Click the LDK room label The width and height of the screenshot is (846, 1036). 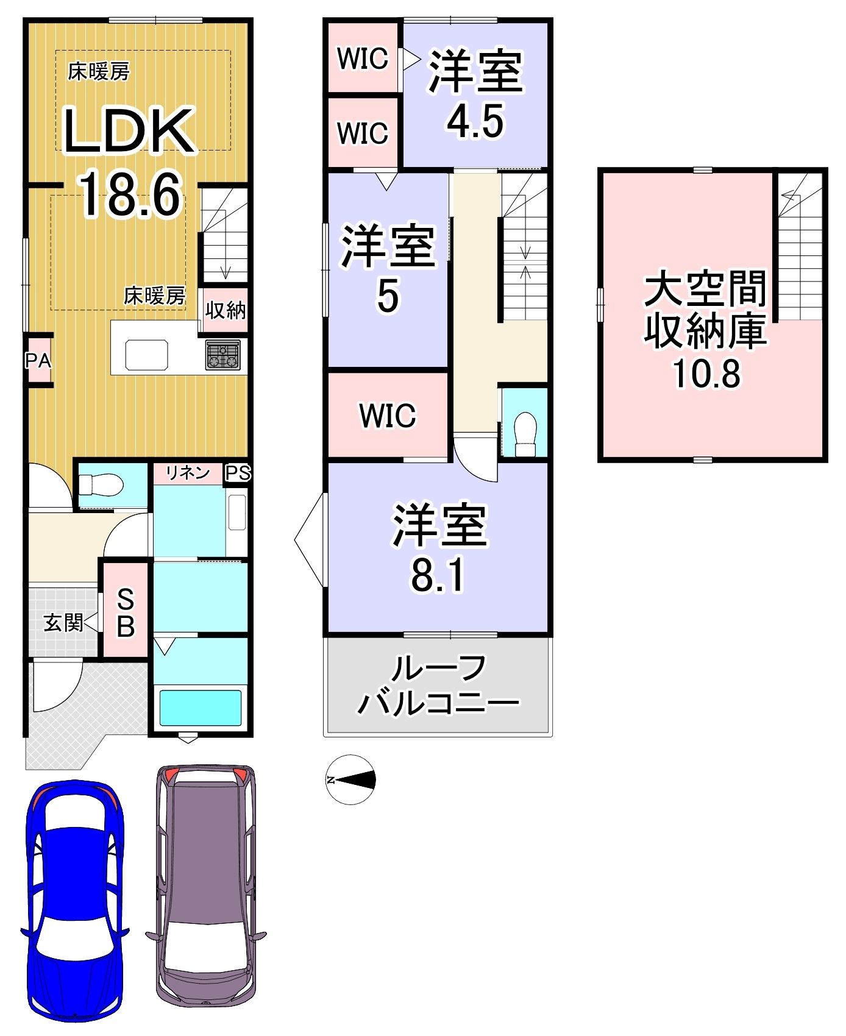coord(129,130)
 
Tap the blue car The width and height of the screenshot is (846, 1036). coord(75,900)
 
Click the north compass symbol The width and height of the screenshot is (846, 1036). coord(351,779)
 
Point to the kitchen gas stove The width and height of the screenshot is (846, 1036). coord(223,355)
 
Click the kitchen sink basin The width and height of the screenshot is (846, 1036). coord(146,355)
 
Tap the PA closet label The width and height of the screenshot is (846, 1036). coord(38,361)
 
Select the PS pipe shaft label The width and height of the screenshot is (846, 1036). coord(238,473)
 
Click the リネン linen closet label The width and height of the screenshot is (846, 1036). coord(188,472)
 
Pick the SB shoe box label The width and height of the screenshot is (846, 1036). coord(126,612)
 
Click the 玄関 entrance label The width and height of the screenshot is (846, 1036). coord(63,623)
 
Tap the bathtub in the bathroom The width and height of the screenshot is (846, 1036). coord(201,708)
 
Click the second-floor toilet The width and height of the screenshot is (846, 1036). coord(525,434)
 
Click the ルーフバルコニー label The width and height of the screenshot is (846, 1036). coord(438,686)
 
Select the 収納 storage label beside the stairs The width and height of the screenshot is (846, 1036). coord(226,310)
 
